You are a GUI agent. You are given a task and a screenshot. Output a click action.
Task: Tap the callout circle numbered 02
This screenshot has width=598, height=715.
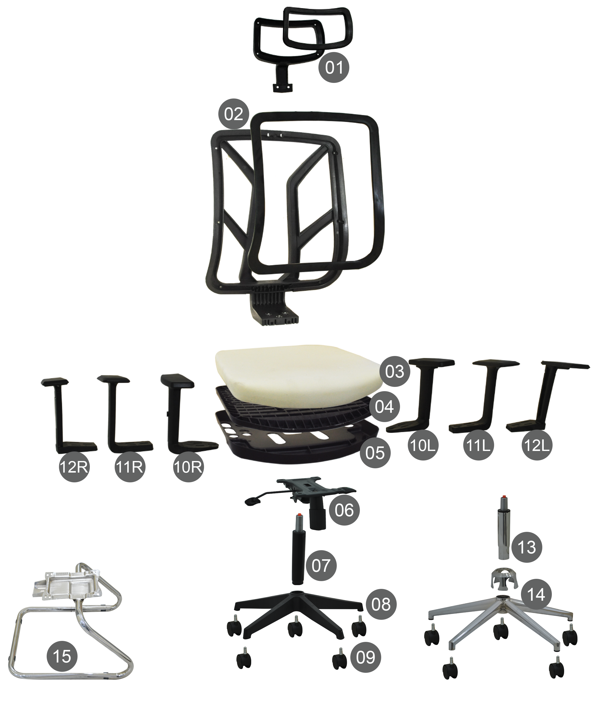coord(234,114)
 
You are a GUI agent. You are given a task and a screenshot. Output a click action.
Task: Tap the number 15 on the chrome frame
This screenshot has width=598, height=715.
coord(62,656)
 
